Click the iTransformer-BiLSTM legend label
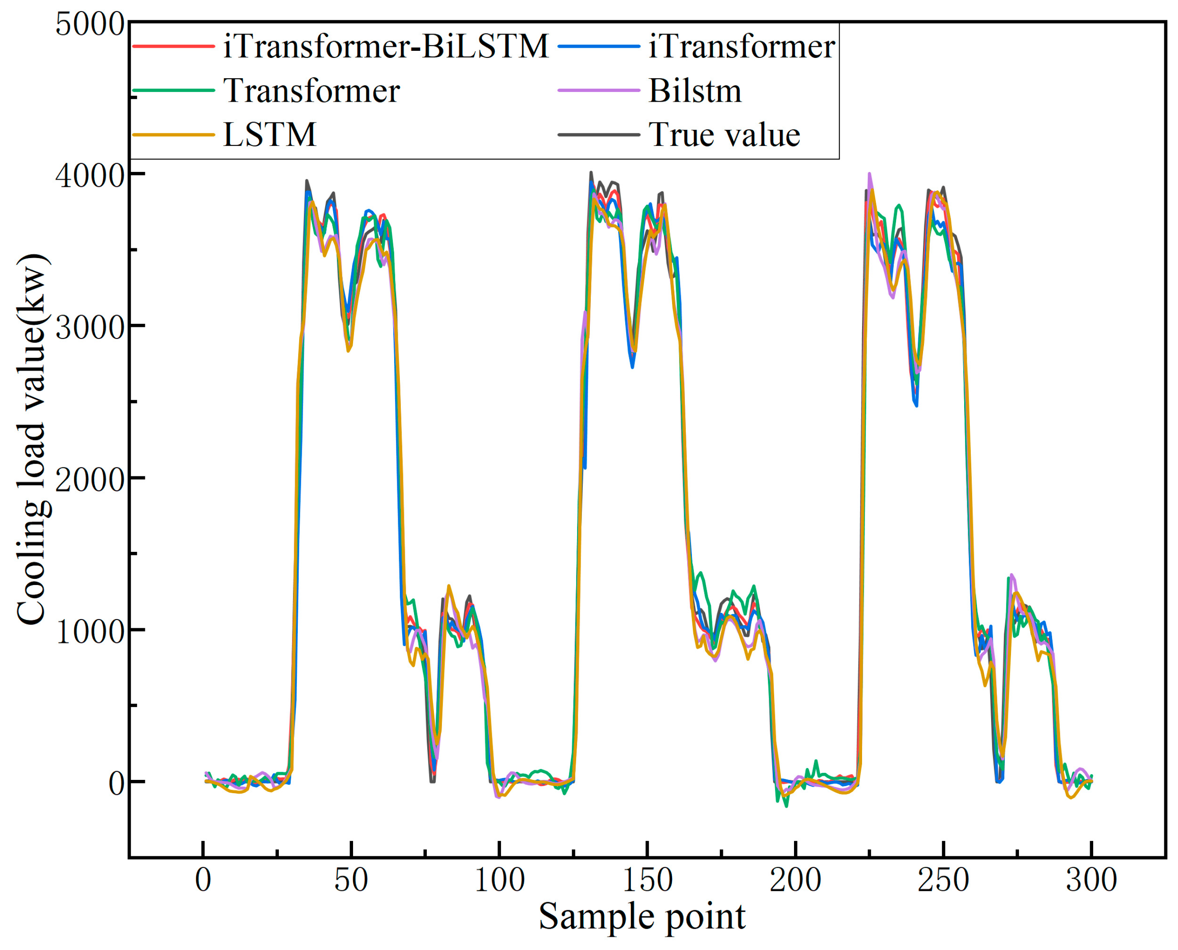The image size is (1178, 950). [385, 46]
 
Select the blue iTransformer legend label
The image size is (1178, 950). [741, 46]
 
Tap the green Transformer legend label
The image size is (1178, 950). [312, 91]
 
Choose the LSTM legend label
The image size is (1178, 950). [270, 135]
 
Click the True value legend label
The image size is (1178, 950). [724, 135]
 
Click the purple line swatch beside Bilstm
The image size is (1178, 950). [599, 90]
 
